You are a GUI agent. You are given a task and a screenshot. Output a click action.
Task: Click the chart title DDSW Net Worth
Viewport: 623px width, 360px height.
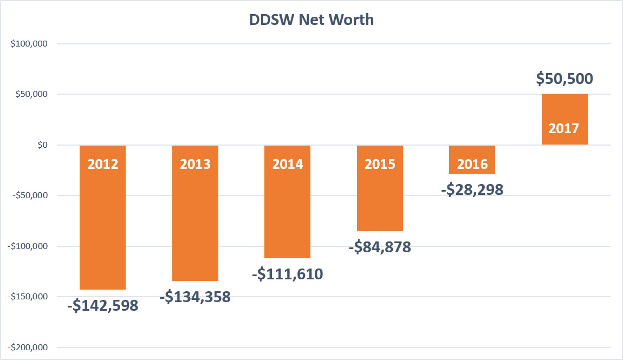pos(311,20)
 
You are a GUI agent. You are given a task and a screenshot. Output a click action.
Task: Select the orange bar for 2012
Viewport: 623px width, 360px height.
pos(103,227)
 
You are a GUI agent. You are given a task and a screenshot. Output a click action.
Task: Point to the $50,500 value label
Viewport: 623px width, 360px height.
pos(564,78)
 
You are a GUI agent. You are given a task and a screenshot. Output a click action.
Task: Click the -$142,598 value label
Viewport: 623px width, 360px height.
pos(103,305)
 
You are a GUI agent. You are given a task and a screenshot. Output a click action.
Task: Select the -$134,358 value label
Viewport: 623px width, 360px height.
pos(195,297)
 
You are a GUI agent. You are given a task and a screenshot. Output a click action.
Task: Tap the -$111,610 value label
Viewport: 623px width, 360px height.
pos(288,274)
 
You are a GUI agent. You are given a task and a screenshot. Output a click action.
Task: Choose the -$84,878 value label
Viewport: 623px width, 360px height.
pos(380,247)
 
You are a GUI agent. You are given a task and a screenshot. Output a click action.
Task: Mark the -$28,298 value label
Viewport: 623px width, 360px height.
pos(472,189)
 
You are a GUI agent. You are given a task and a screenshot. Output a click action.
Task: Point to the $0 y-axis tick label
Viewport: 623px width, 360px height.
pos(40,145)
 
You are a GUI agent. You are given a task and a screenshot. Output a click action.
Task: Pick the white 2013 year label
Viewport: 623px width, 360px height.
pos(195,164)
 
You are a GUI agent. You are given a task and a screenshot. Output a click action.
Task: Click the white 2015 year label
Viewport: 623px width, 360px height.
pos(380,164)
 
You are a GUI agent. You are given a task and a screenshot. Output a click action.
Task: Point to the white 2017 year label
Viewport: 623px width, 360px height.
pos(564,129)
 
